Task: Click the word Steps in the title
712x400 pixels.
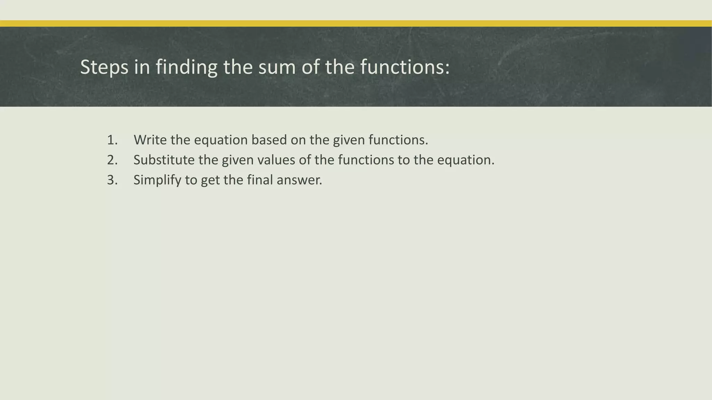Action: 104,67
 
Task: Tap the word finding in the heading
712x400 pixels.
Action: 186,67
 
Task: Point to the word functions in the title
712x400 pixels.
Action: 405,67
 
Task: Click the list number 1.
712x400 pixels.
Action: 112,140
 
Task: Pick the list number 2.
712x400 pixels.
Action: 112,160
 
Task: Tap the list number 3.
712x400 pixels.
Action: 112,180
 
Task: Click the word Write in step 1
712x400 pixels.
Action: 150,140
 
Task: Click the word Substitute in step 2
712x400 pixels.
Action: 164,160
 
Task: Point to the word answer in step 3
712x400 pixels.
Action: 299,180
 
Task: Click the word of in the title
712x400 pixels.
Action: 310,67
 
